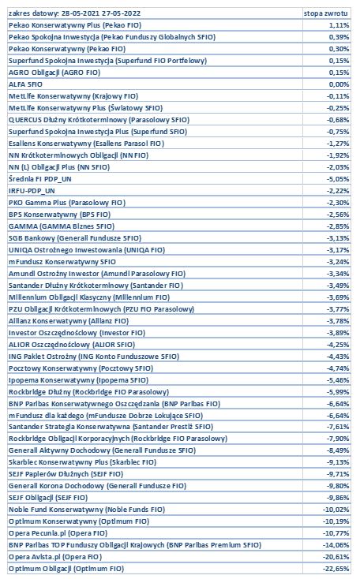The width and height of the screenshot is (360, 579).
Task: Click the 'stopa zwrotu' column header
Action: [325, 13]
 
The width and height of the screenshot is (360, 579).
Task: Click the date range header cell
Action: [74, 13]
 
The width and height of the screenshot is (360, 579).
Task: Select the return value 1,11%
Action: [339, 25]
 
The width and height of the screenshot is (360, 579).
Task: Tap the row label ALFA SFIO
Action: [25, 84]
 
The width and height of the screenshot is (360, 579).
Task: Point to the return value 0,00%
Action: [339, 84]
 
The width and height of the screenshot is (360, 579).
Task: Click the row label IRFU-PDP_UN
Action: [32, 191]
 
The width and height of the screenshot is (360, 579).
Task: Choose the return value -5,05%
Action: [338, 179]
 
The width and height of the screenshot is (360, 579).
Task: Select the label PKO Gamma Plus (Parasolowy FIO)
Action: [67, 203]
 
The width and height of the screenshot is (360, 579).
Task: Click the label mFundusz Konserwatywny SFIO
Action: [62, 262]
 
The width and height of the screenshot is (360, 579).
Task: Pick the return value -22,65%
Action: [336, 569]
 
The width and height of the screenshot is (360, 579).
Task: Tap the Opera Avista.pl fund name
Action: [55, 557]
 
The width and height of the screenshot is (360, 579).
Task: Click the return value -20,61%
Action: [336, 557]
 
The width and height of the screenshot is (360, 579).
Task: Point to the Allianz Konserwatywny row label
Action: [69, 321]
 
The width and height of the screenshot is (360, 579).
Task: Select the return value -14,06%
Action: [336, 545]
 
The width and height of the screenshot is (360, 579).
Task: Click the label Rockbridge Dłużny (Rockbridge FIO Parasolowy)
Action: [88, 392]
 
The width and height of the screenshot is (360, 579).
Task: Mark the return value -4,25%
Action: [338, 345]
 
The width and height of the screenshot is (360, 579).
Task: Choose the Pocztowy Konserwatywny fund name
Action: [81, 368]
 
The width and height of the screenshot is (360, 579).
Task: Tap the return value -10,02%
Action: [336, 510]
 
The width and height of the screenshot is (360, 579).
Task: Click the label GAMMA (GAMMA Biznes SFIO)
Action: [62, 226]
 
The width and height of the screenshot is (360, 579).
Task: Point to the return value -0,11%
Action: [338, 96]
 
